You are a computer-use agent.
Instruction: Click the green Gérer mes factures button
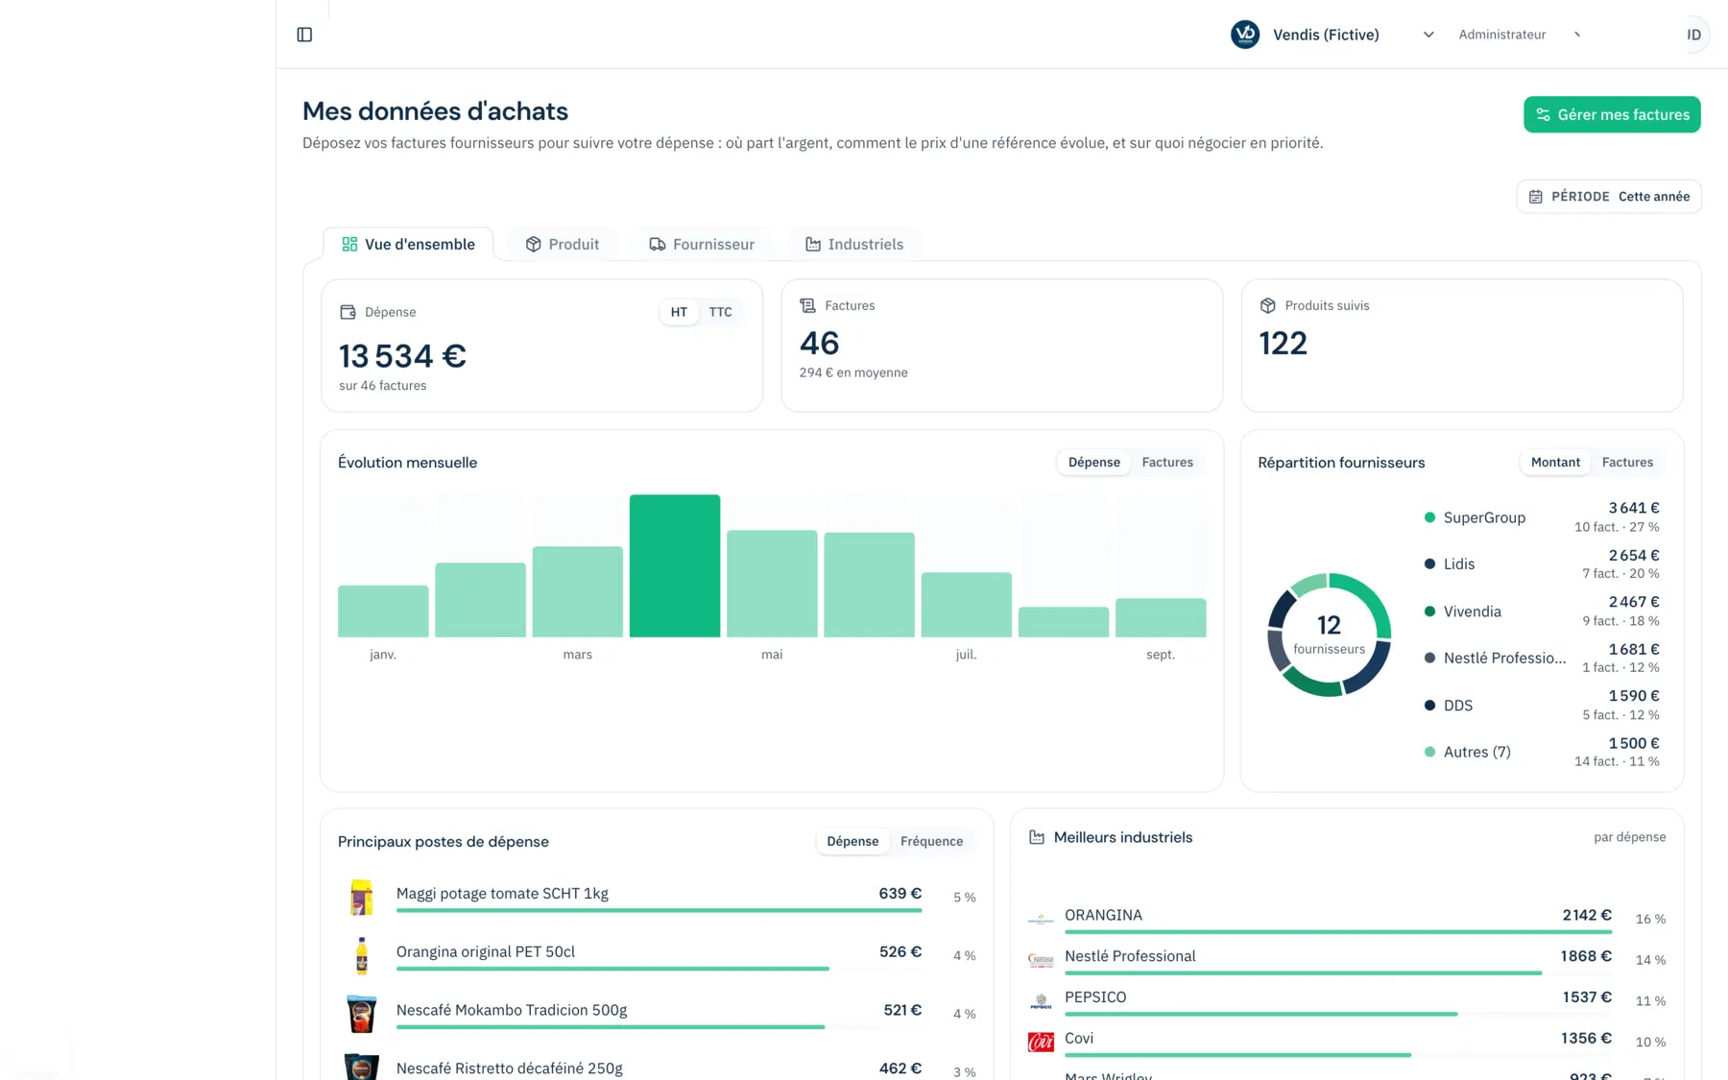coord(1612,114)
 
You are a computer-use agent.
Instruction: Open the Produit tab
coord(563,244)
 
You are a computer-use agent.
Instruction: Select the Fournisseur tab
coord(702,244)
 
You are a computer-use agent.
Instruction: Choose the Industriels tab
coord(853,244)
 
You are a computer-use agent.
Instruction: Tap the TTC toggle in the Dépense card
coord(720,312)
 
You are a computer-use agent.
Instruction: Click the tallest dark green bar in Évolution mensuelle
coord(675,565)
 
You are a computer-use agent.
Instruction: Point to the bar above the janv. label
coord(383,611)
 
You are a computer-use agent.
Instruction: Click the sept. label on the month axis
coord(1161,655)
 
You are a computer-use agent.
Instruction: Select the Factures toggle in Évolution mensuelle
coord(1167,462)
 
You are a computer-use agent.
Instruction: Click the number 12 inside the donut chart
coord(1329,625)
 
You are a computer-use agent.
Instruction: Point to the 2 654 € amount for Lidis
coord(1634,555)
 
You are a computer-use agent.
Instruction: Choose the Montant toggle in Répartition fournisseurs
coord(1555,462)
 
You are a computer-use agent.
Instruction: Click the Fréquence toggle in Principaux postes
coord(931,841)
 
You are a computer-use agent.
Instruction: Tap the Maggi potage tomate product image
coord(361,897)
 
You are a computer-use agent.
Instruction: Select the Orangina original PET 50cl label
coord(486,951)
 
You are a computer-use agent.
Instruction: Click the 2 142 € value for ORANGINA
coord(1587,915)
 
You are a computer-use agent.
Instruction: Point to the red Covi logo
coord(1041,1042)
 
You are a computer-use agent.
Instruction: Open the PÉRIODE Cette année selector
coord(1609,197)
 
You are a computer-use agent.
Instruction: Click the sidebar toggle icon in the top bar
coord(304,35)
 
